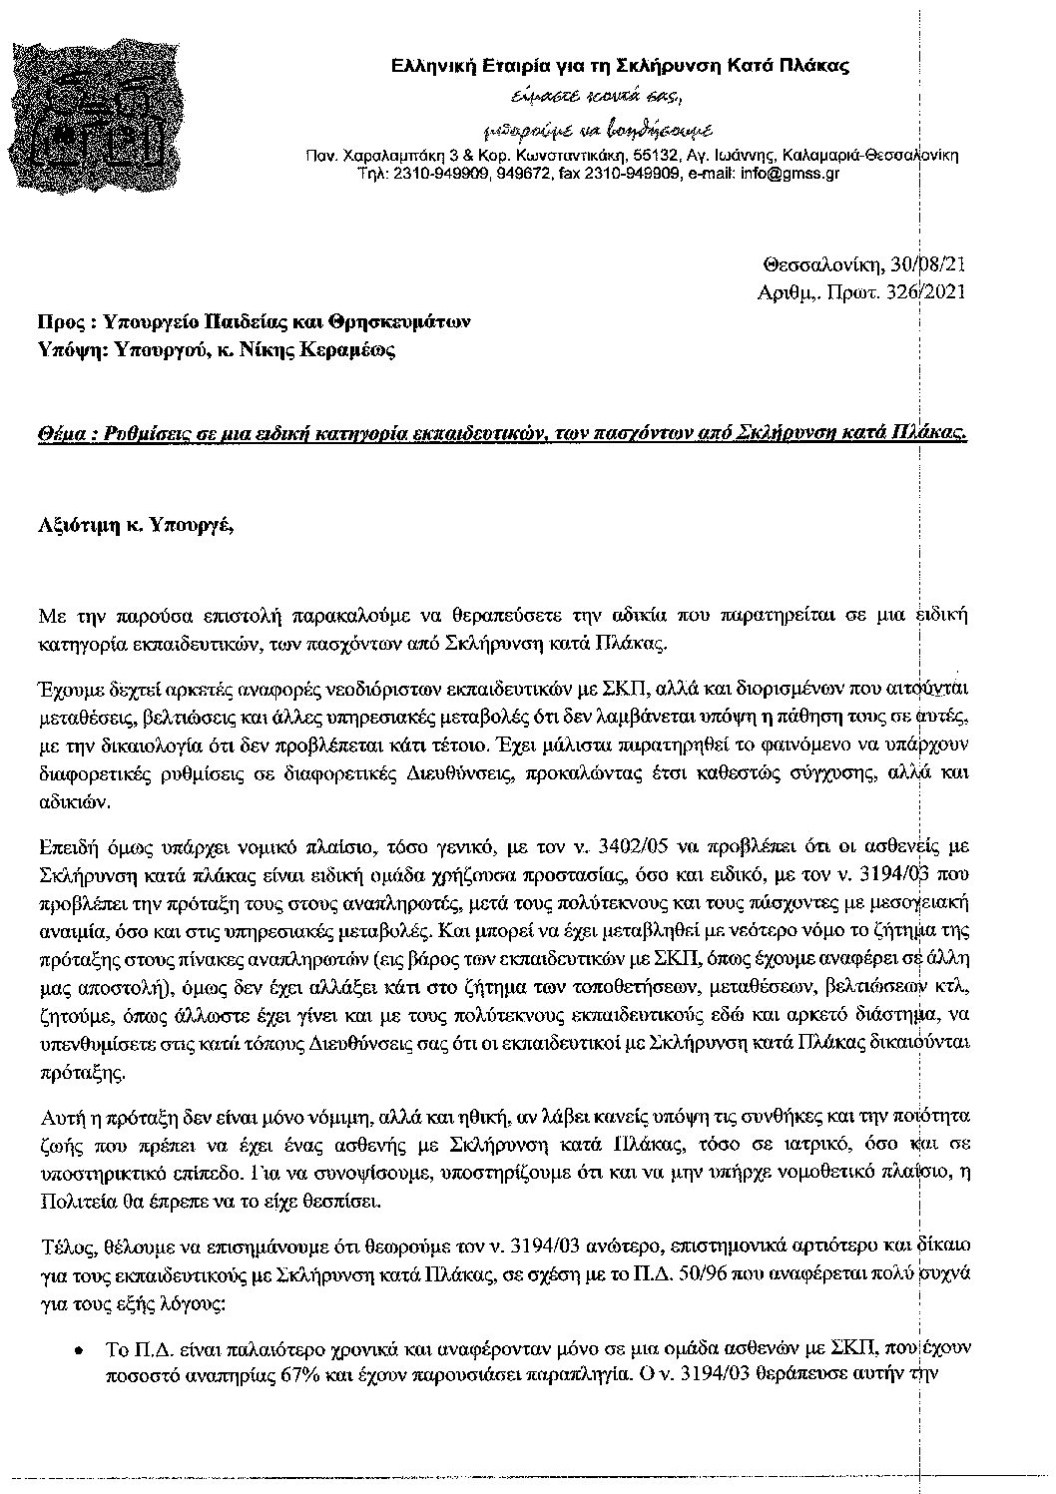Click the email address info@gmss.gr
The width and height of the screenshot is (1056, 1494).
pos(788,173)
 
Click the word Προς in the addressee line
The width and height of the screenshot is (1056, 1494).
pos(57,322)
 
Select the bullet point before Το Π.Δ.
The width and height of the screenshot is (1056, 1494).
pos(78,1349)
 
